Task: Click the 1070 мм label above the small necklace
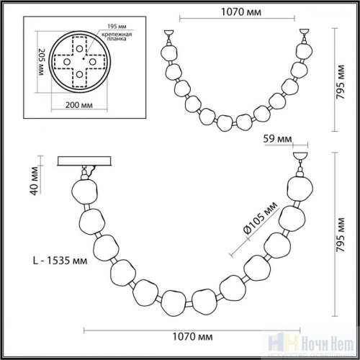pyautogui.click(x=234, y=11)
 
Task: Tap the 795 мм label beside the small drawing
pyautogui.click(x=347, y=78)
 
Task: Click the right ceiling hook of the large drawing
pyautogui.click(x=299, y=158)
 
